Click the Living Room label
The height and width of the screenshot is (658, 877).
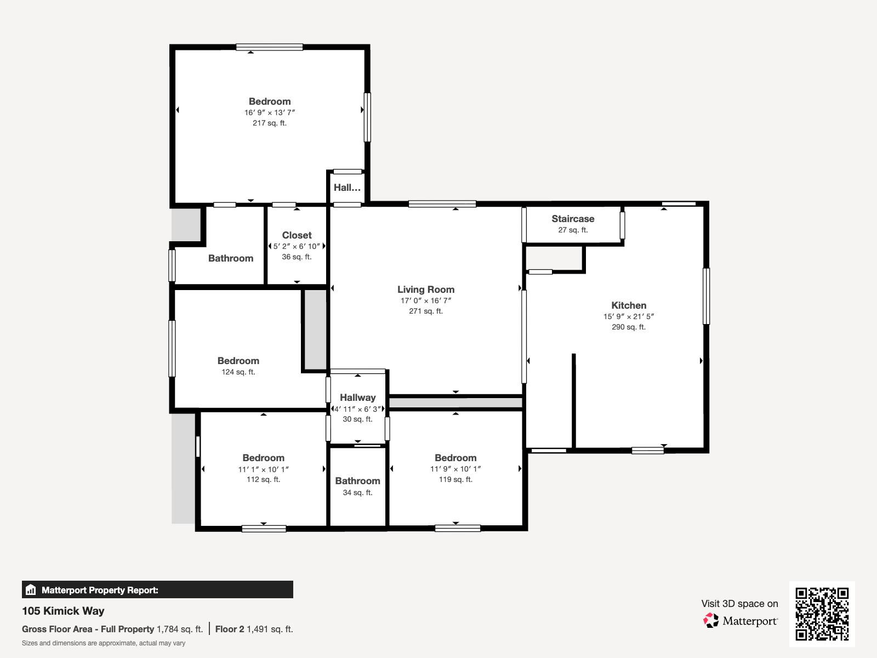(426, 290)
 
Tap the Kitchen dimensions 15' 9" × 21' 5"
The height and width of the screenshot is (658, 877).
(629, 316)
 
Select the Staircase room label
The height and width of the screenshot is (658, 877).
(573, 219)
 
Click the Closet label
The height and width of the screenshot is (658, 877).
(297, 235)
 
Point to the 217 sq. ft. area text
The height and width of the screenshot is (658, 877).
(270, 123)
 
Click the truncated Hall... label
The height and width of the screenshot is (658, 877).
(347, 188)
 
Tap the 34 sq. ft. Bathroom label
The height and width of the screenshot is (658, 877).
(357, 481)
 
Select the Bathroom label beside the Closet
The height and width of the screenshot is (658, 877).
(231, 258)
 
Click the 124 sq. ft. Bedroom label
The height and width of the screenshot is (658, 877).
(238, 361)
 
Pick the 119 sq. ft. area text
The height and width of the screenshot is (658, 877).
(455, 479)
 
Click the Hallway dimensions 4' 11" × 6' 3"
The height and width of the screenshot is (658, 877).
(357, 409)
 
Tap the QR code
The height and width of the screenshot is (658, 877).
(822, 614)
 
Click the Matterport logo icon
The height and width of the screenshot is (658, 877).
(711, 621)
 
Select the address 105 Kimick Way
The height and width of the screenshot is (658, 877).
(63, 611)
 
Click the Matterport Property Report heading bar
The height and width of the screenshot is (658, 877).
(157, 590)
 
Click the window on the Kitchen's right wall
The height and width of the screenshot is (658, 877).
(706, 296)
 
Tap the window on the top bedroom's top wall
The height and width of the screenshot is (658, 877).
(269, 47)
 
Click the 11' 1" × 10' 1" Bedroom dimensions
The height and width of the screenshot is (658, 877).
(263, 469)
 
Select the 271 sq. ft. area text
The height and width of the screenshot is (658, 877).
(426, 311)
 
